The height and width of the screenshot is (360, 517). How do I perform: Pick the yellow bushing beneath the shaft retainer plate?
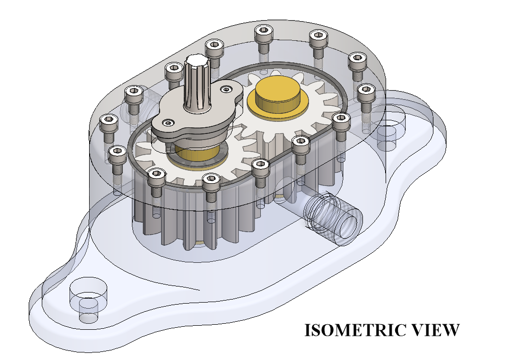tap(196, 154)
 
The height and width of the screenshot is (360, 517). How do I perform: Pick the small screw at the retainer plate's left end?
tap(167, 122)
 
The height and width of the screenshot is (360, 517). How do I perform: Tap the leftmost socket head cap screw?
tap(108, 121)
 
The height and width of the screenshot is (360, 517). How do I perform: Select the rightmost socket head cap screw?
tap(365, 90)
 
